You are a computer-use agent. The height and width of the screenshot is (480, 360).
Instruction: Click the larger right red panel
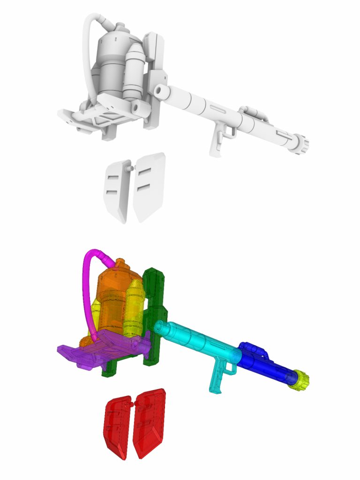[149, 422]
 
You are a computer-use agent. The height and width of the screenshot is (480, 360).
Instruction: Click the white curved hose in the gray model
[86, 52]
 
